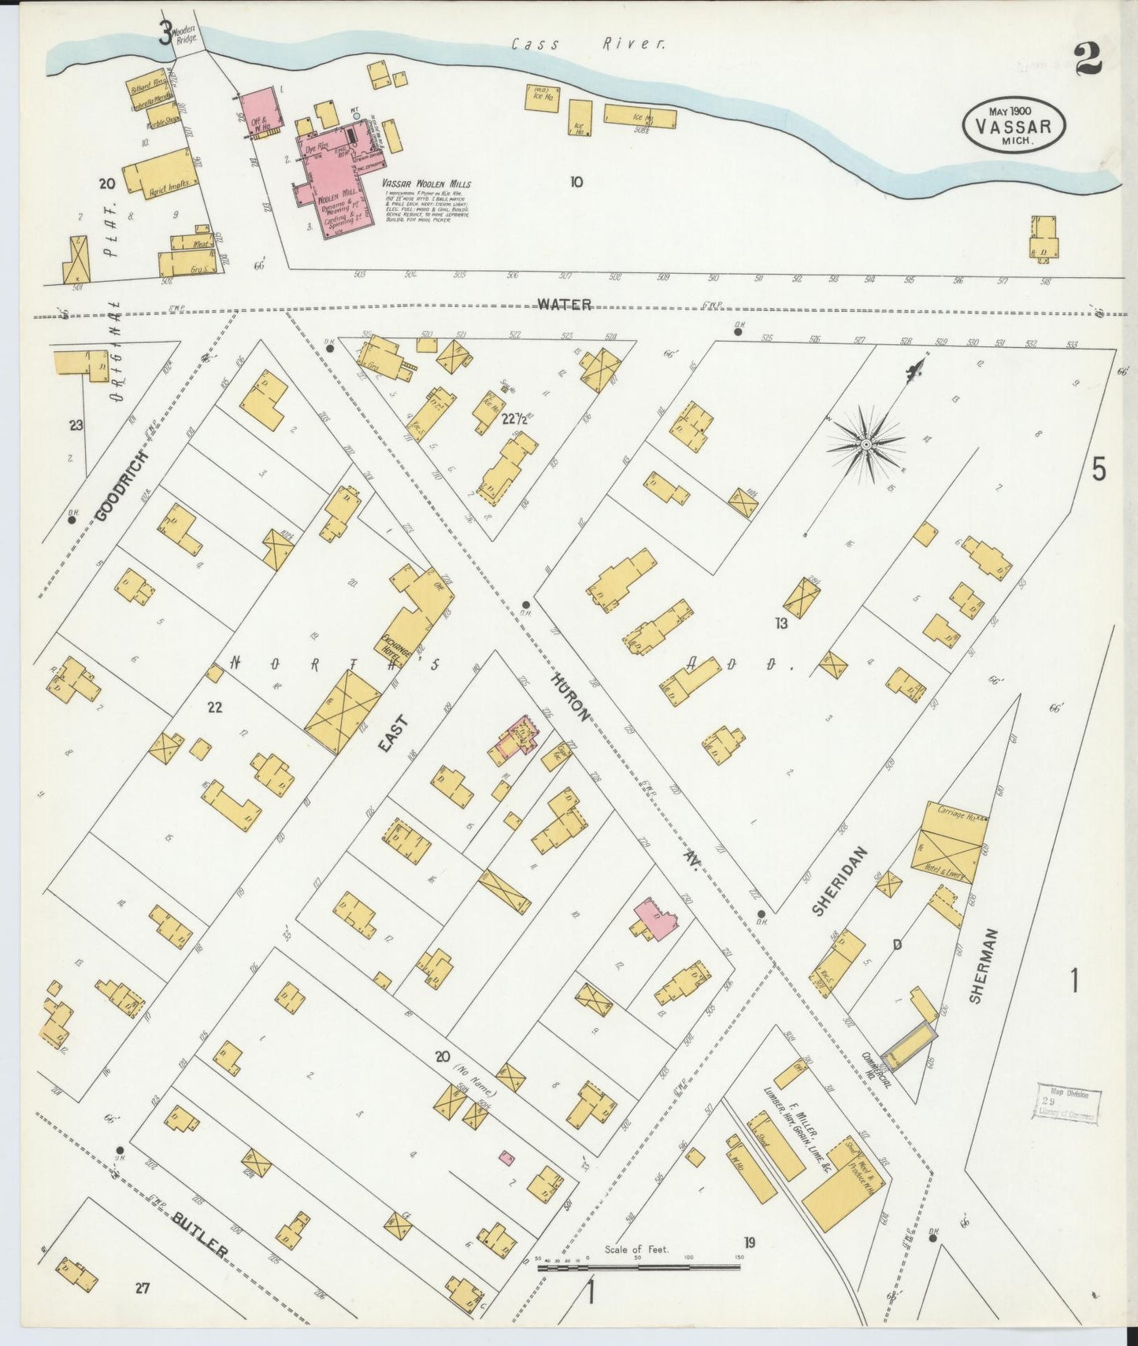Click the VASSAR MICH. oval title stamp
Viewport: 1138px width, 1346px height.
[1014, 125]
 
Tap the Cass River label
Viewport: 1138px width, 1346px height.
[588, 45]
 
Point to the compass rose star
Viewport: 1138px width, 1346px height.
[866, 446]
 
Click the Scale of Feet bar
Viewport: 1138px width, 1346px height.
[638, 1267]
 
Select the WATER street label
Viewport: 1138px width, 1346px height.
[565, 305]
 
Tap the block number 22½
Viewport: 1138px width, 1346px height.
[513, 420]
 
